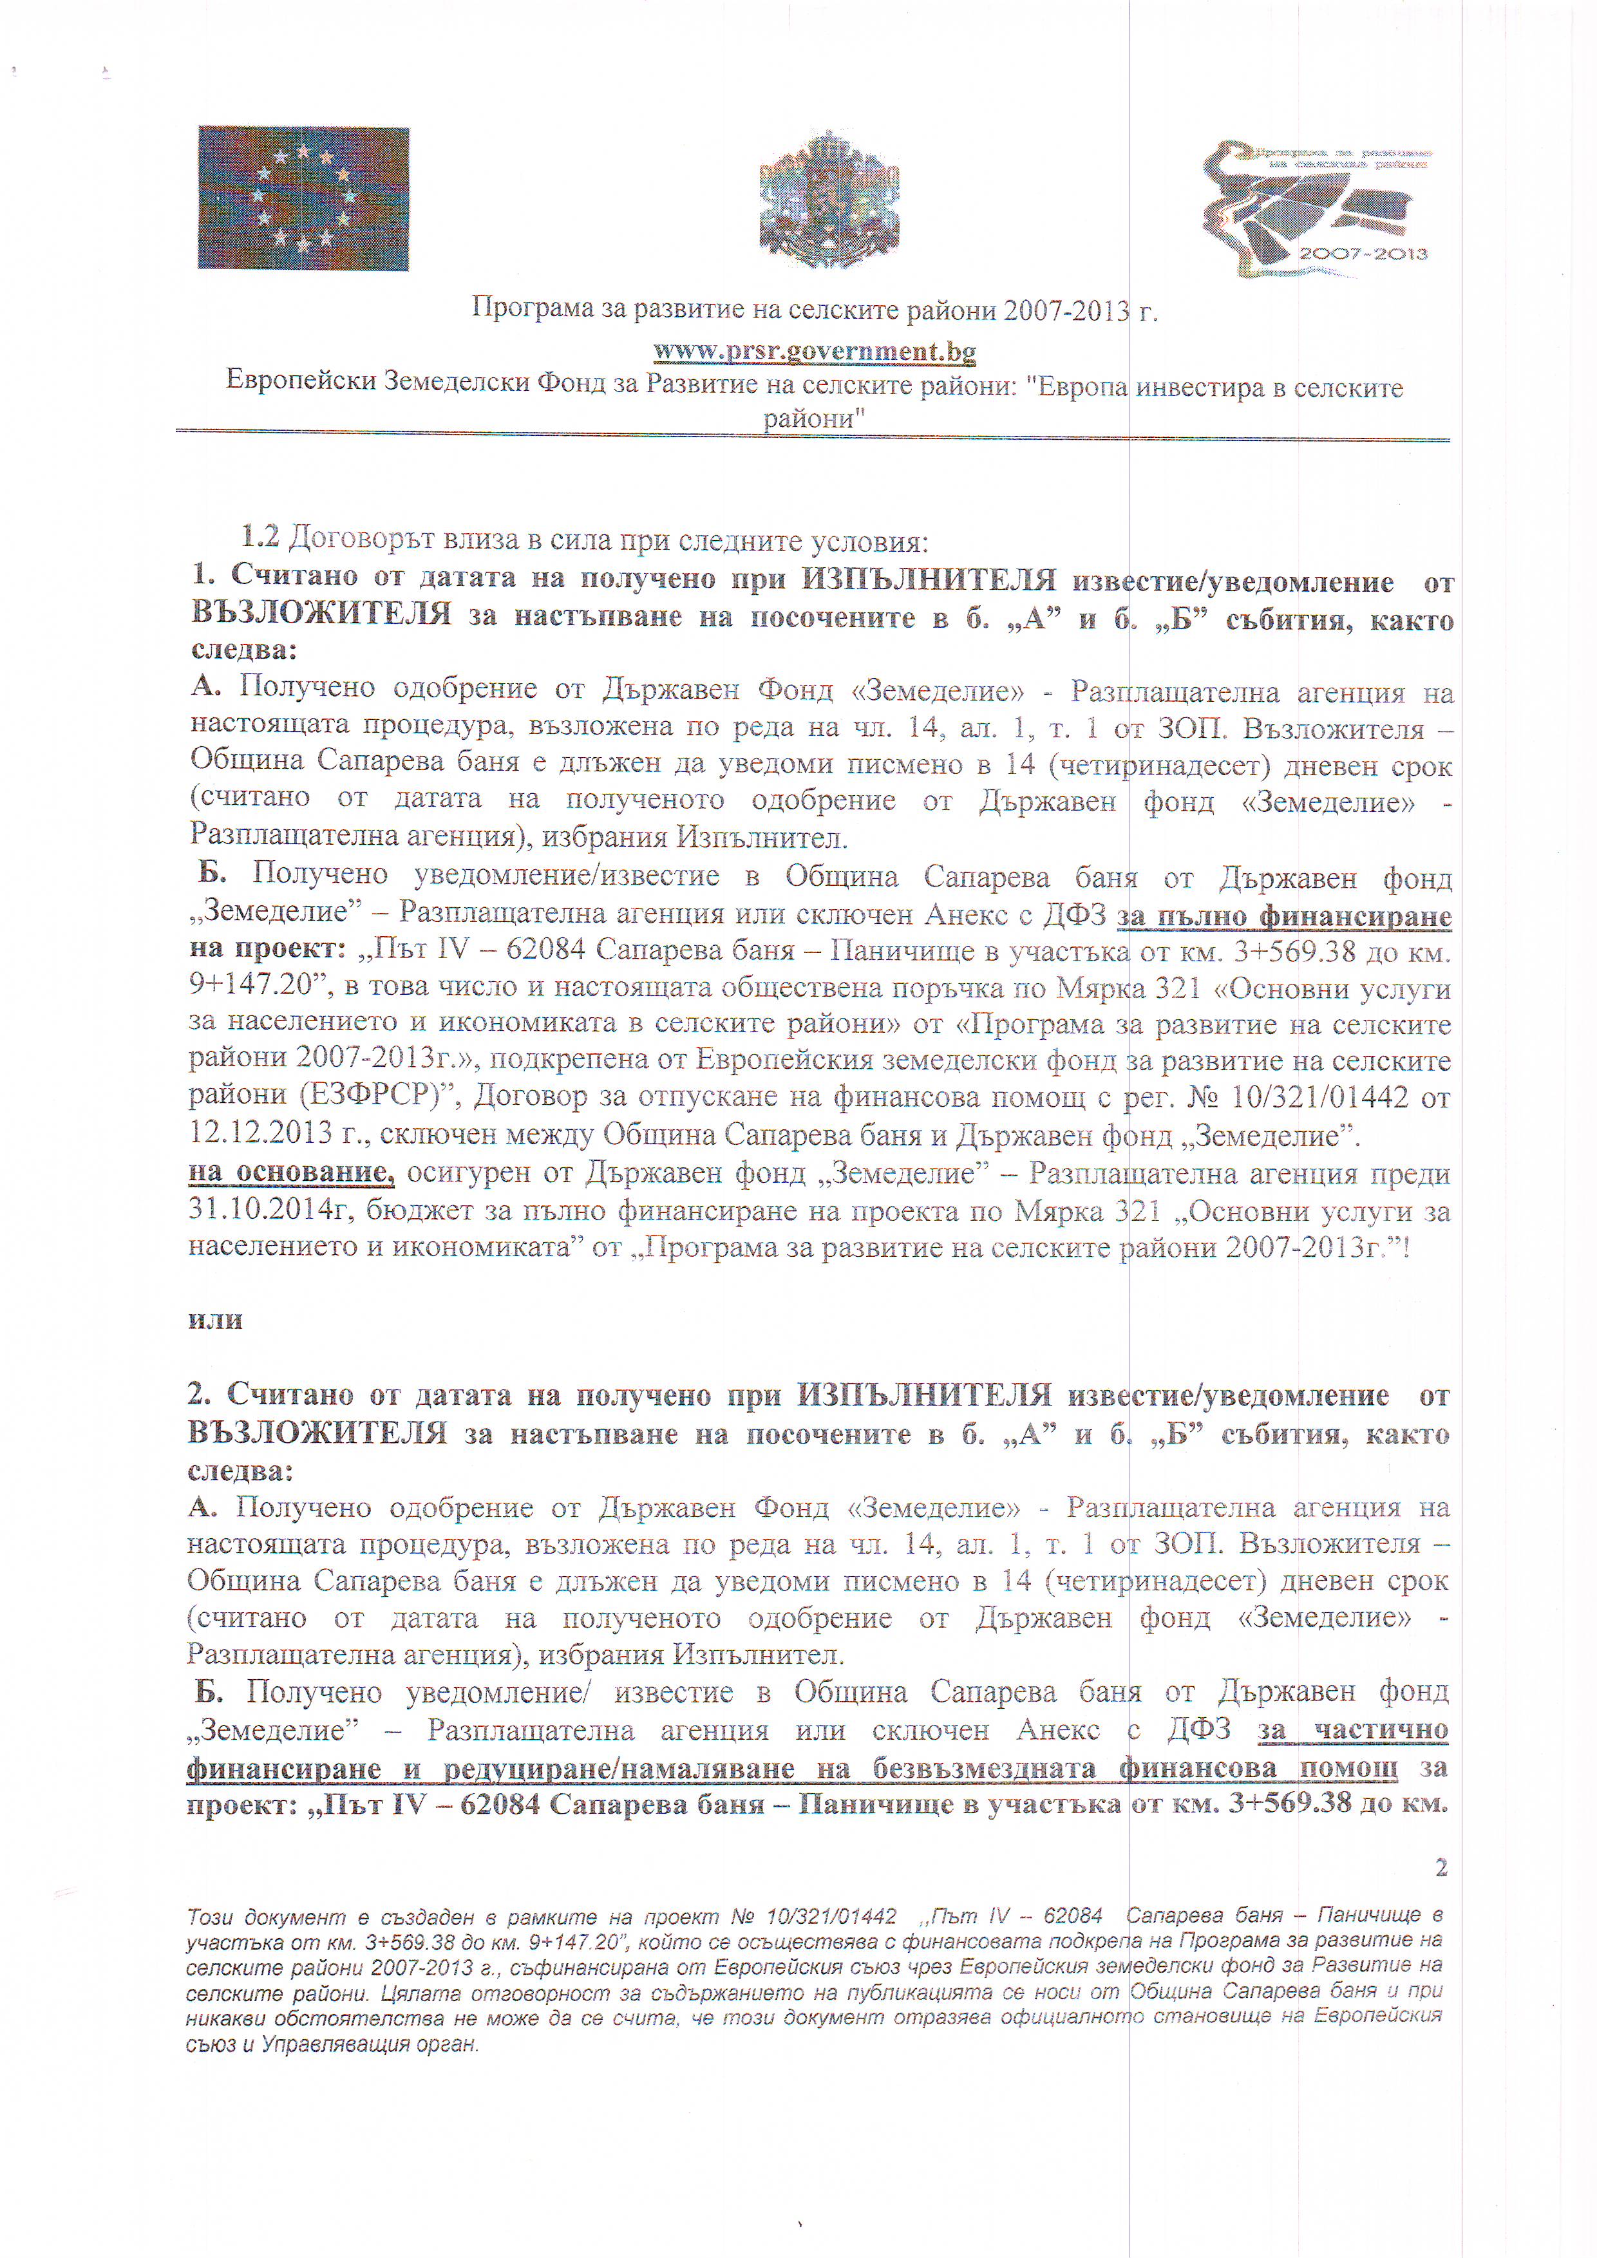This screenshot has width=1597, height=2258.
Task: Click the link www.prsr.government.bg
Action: pos(814,351)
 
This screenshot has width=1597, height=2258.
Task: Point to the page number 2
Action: pos(1441,1868)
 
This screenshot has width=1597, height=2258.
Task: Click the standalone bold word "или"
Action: pos(215,1320)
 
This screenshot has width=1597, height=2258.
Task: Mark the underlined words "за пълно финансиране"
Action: pos(1283,917)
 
